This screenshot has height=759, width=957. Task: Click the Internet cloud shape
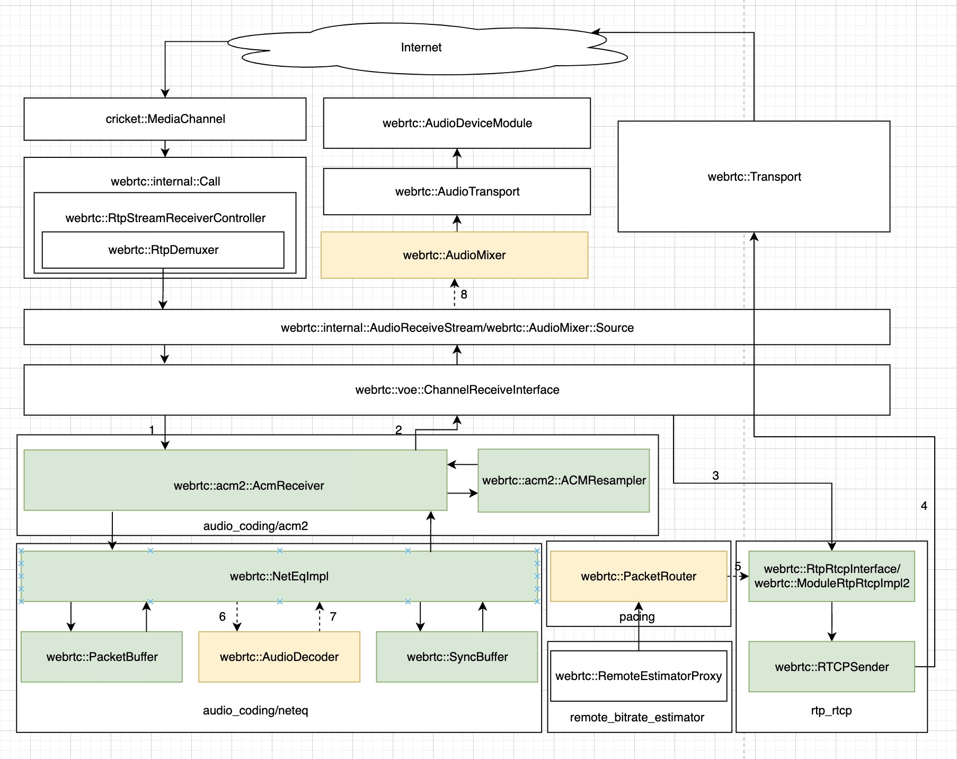coord(421,48)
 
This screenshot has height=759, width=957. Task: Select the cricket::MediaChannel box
coord(165,119)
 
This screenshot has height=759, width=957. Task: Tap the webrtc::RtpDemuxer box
coord(163,250)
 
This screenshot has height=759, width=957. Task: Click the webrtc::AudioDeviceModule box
coord(457,123)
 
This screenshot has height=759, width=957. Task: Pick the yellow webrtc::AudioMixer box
coord(454,255)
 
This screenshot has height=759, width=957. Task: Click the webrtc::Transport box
coord(754,176)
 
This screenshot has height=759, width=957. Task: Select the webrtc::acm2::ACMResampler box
coord(564,480)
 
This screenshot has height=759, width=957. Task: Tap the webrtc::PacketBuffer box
coord(102,657)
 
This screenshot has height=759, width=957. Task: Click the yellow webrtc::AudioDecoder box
coord(279,657)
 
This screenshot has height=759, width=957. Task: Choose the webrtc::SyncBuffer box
coord(457,657)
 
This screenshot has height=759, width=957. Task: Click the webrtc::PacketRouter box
coord(639,576)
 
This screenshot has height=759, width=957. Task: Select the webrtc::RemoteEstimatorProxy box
coord(639,676)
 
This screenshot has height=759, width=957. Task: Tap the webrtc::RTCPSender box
coord(831,667)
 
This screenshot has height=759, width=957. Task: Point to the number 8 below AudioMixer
coord(464,295)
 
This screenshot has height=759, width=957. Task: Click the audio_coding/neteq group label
coord(255,710)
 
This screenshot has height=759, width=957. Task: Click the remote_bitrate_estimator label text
coord(637,717)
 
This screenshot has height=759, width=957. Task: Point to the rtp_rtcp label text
coord(831,710)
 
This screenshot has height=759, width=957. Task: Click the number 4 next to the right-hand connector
coord(924,506)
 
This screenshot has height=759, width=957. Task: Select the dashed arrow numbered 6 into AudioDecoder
coord(237,616)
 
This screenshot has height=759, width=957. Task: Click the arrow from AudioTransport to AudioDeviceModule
coord(457,158)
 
